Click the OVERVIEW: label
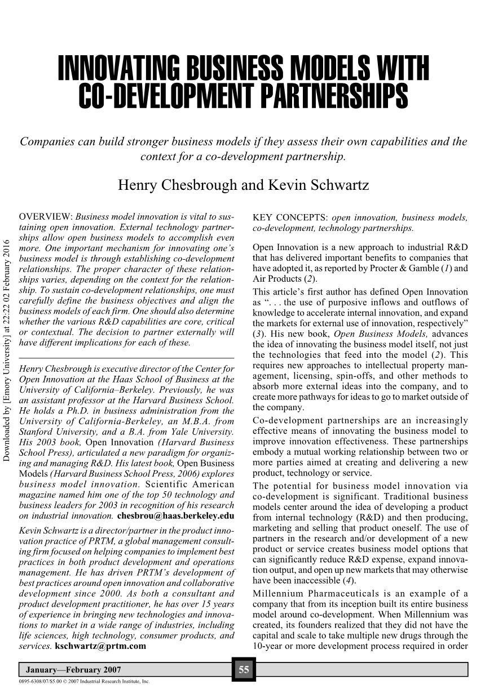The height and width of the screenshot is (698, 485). (46, 217)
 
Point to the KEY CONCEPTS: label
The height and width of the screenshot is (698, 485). (290, 217)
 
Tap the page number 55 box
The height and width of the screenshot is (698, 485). (244, 670)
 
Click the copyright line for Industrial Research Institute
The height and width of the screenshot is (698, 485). (85, 681)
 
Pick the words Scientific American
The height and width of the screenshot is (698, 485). (189, 484)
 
